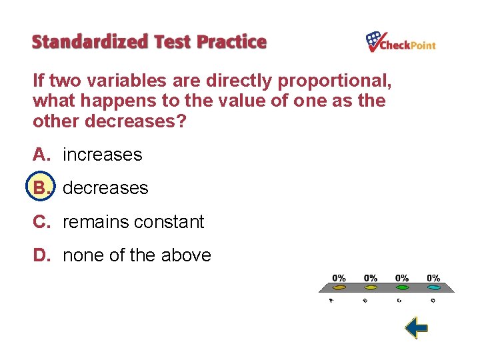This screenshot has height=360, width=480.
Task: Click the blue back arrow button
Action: click(x=416, y=327)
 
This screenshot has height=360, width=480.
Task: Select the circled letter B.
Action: click(x=41, y=188)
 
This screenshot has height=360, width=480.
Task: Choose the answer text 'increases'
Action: click(x=102, y=155)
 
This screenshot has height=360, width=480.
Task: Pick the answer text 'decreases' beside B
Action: click(x=105, y=188)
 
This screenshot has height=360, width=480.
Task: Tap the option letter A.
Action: click(x=41, y=155)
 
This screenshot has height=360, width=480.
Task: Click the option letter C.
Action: click(x=41, y=222)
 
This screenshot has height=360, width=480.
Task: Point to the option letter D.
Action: click(x=41, y=255)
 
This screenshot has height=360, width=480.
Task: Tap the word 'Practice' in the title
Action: click(x=231, y=42)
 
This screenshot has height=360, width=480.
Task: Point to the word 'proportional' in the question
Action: click(x=334, y=81)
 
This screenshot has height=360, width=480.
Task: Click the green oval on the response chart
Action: click(x=402, y=287)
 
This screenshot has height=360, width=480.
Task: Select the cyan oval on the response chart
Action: click(x=433, y=287)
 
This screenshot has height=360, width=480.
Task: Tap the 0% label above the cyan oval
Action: click(x=433, y=277)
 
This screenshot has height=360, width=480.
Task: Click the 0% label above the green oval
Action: click(x=402, y=277)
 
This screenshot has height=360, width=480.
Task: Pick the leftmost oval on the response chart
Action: click(x=339, y=287)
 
